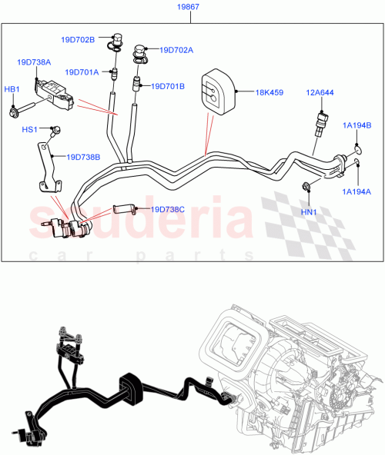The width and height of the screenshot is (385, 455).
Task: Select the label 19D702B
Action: [x=79, y=39]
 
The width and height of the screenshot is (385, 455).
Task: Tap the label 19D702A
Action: [x=176, y=50]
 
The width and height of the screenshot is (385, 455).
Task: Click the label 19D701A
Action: [x=82, y=72]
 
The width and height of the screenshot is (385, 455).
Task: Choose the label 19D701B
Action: [x=168, y=86]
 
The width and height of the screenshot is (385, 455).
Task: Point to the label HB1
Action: [x=12, y=89]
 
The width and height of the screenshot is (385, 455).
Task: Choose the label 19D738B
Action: [x=82, y=157]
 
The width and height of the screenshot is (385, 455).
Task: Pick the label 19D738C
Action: [x=167, y=208]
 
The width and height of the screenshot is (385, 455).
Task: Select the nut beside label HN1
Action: [x=306, y=186]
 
